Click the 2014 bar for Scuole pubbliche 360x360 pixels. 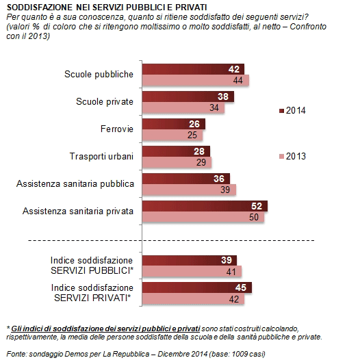pos(192,69)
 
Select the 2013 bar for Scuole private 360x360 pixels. pos(181,107)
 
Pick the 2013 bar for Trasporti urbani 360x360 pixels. pos(176,162)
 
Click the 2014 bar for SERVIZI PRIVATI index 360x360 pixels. pos(196,287)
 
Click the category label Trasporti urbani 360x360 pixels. pos(102,156)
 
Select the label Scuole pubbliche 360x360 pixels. pos(100,74)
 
